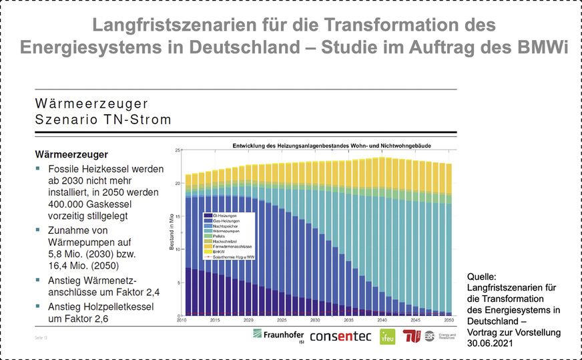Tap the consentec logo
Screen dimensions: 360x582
point(340,335)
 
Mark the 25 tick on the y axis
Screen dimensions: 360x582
point(177,150)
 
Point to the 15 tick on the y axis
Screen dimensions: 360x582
point(177,216)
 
